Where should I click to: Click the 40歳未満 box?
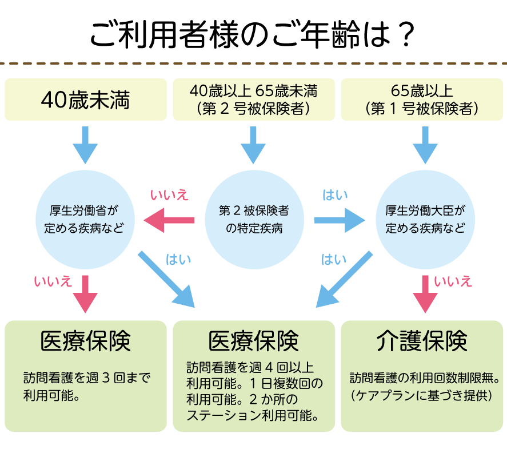86,100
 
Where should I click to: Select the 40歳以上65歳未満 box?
253,100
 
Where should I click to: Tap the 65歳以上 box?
422,100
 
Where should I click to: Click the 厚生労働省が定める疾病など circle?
86,218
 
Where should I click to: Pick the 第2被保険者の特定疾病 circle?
253,218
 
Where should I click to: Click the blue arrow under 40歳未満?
86,145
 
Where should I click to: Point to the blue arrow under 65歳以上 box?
425,145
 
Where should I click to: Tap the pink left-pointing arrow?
169,220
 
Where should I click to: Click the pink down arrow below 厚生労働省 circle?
86,293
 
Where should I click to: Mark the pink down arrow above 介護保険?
425,293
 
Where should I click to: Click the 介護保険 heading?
422,341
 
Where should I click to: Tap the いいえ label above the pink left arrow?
169,195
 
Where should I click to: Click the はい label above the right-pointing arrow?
335,195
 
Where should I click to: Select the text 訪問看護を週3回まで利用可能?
86,387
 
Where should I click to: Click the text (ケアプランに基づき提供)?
422,395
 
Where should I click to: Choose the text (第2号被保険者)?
253,108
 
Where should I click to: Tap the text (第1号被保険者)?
422,108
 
